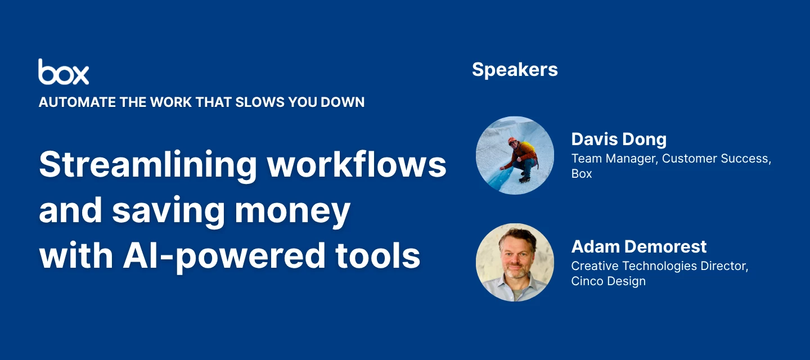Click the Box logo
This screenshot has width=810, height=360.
pyautogui.click(x=64, y=72)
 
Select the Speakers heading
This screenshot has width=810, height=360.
pyautogui.click(x=515, y=69)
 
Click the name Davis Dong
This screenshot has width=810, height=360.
pyautogui.click(x=619, y=139)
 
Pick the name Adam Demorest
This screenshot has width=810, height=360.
pyautogui.click(x=639, y=246)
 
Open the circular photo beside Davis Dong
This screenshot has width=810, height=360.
pyautogui.click(x=515, y=155)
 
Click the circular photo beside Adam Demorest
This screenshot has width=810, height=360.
pyautogui.click(x=515, y=262)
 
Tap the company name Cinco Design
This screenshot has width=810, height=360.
pyautogui.click(x=608, y=281)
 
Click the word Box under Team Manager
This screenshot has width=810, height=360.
pyautogui.click(x=582, y=174)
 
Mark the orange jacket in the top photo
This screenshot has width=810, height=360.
pyautogui.click(x=521, y=152)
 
